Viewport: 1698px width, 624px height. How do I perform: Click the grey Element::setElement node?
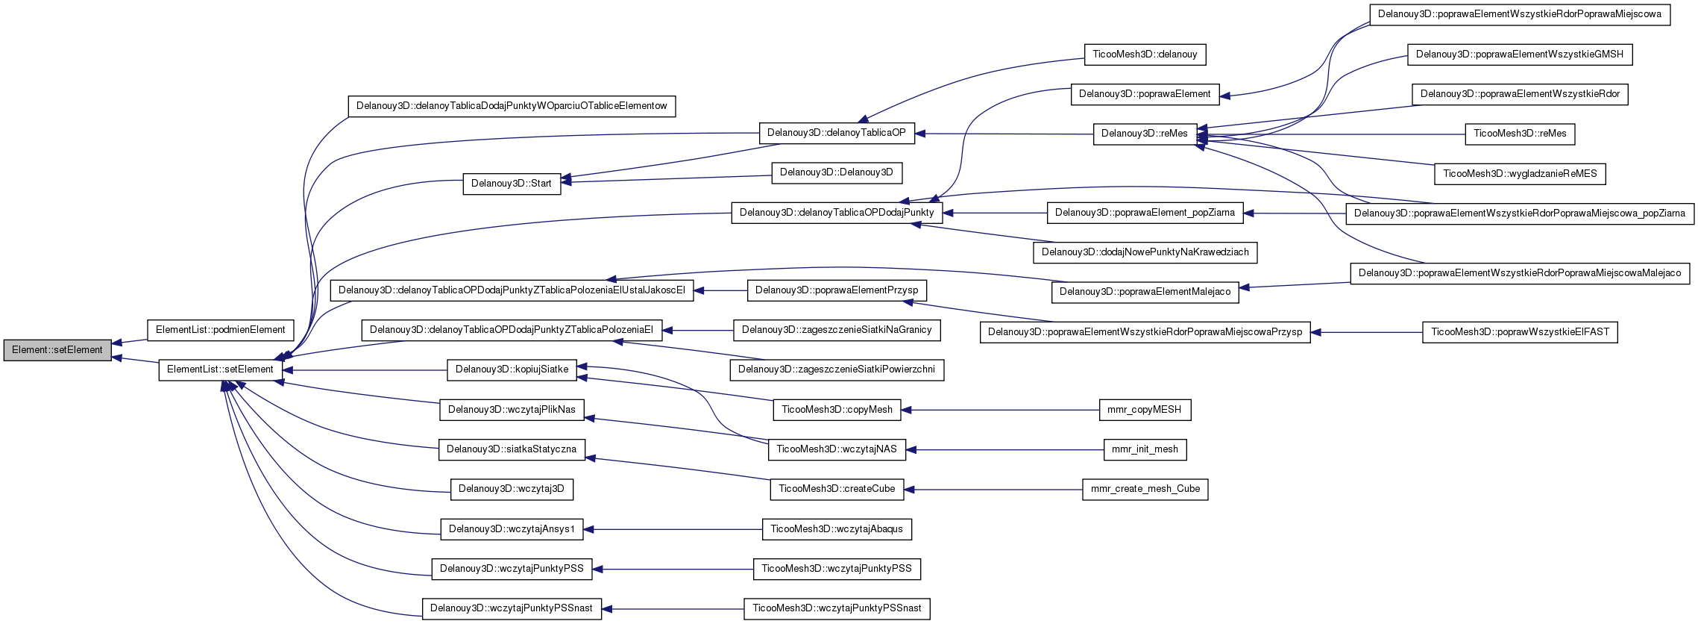[x=57, y=350]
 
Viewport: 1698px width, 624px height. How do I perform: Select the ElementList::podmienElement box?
[x=221, y=330]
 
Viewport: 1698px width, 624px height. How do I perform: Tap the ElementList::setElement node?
[x=221, y=369]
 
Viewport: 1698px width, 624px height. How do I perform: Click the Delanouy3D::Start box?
[x=512, y=184]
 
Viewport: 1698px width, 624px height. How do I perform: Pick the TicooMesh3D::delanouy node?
[x=1145, y=54]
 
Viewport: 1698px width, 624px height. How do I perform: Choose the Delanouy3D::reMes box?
[x=1145, y=134]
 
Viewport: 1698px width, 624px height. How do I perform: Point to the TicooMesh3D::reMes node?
[x=1520, y=134]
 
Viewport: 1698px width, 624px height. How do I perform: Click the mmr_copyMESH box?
[x=1145, y=410]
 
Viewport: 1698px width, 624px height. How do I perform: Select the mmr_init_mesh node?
[x=1145, y=449]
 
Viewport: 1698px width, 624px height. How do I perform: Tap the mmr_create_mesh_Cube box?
[x=1145, y=490]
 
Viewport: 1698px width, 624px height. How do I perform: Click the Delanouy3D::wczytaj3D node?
[x=512, y=489]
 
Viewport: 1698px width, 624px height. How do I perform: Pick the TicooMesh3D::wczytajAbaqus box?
[x=837, y=529]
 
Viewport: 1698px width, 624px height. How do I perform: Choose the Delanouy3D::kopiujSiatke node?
[x=512, y=369]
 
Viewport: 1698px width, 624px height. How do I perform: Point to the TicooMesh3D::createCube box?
[x=837, y=489]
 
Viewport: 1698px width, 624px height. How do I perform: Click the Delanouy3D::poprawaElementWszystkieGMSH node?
[x=1520, y=54]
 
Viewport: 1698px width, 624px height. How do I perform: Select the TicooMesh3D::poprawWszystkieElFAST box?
[x=1520, y=332]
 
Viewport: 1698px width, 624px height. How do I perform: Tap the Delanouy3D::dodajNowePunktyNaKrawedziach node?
[x=1145, y=252]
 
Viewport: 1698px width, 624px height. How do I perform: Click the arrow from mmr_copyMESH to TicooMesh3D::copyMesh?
[x=1000, y=410]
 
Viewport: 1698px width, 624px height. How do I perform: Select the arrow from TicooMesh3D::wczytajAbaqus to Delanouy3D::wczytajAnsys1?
[x=673, y=529]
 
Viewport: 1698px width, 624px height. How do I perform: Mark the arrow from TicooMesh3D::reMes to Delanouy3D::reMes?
[x=1331, y=134]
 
